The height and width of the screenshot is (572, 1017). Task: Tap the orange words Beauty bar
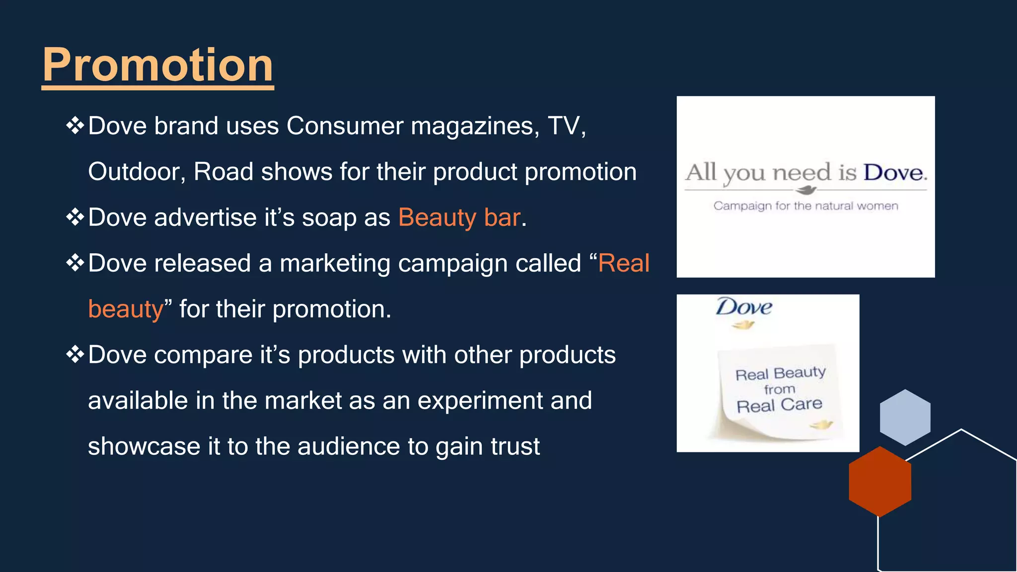point(459,217)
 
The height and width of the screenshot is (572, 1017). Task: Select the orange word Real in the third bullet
point(624,263)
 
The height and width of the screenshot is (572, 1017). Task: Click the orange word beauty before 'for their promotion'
point(126,309)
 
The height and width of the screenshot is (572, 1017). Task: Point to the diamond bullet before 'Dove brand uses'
point(75,125)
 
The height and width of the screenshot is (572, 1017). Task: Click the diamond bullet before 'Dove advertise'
point(75,217)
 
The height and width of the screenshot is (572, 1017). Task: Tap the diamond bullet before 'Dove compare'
point(75,354)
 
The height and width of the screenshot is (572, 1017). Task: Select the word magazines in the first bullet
point(475,126)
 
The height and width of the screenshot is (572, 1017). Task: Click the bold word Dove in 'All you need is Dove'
point(894,173)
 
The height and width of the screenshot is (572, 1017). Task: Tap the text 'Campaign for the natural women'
point(805,206)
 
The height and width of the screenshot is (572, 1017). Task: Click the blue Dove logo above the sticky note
point(743,307)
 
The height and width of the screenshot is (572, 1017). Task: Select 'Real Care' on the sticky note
point(779,405)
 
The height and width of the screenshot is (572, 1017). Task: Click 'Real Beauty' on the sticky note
point(780,373)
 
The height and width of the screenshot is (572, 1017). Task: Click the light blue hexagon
point(905,417)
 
